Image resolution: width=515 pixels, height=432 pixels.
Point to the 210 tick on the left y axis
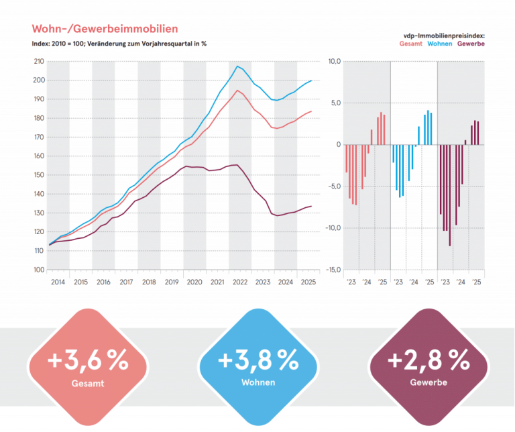[x=38, y=62]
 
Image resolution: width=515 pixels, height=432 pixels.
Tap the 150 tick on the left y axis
[x=38, y=175]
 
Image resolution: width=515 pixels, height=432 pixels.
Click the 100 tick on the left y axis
[x=38, y=270]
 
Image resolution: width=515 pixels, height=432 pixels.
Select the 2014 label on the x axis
[x=58, y=282]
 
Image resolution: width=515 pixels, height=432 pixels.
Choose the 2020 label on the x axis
[x=194, y=282]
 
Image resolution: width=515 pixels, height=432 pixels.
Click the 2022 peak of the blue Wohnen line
[x=237, y=66]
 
